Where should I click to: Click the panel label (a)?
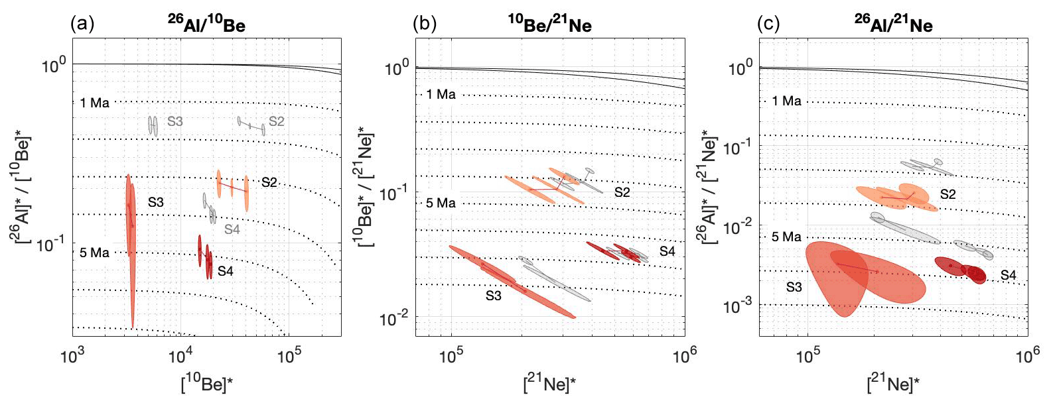(x=82, y=25)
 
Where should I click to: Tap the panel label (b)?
(x=425, y=25)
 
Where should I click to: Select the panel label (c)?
(x=768, y=25)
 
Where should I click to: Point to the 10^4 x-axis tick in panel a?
(x=180, y=357)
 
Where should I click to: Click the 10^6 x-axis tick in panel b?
(x=685, y=357)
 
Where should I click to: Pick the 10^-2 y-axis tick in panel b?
(x=393, y=320)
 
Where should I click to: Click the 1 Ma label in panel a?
(x=94, y=103)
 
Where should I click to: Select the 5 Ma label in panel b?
(x=441, y=203)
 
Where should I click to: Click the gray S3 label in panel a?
(x=175, y=121)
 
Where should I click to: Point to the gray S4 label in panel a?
(x=232, y=229)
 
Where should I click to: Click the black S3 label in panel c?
(x=794, y=287)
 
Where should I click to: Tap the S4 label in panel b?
(x=667, y=251)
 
